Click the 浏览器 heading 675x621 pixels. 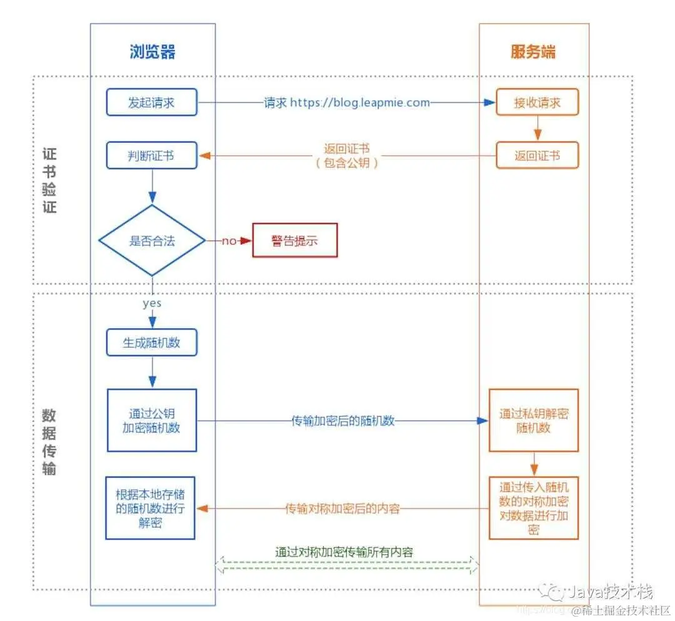tap(152, 51)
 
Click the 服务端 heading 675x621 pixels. tap(532, 51)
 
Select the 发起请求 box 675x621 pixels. tap(151, 103)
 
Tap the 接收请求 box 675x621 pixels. tap(537, 103)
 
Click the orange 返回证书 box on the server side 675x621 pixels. tap(537, 156)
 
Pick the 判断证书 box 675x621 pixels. tap(151, 156)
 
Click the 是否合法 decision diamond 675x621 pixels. tap(152, 241)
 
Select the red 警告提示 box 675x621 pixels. tap(294, 241)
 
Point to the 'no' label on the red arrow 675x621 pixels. tap(229, 241)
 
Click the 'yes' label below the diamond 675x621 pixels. tap(152, 303)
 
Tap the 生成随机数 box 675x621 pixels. tap(152, 343)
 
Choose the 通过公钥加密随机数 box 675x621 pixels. tap(152, 420)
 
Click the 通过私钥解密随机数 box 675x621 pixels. tap(534, 420)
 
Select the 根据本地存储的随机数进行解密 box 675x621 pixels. tap(150, 508)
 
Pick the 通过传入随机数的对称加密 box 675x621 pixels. tap(534, 508)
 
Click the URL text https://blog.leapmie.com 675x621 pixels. tap(360, 103)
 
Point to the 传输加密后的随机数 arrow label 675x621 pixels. tap(343, 421)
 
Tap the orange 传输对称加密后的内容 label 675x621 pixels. tap(342, 508)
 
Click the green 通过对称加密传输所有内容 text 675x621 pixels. tap(344, 552)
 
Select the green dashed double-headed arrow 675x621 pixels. tap(347, 566)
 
